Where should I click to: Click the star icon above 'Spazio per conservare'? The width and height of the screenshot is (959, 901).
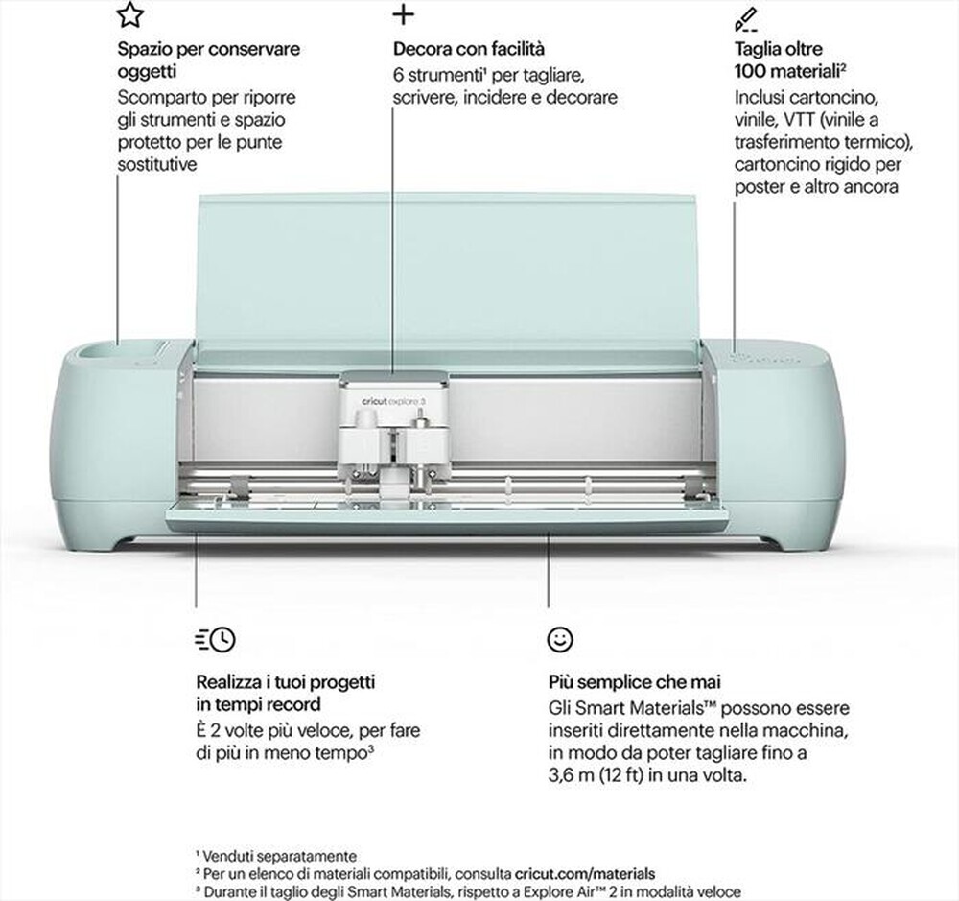(131, 15)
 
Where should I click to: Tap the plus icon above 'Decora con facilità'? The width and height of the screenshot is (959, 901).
(405, 15)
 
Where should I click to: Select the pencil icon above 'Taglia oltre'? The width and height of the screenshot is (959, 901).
(745, 17)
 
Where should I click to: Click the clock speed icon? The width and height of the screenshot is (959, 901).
(215, 638)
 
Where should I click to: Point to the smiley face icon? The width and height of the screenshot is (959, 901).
(559, 638)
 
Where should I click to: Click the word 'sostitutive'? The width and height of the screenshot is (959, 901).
(157, 165)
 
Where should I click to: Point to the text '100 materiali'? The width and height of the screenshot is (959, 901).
(784, 72)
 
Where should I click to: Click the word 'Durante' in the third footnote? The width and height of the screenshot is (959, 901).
(230, 891)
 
